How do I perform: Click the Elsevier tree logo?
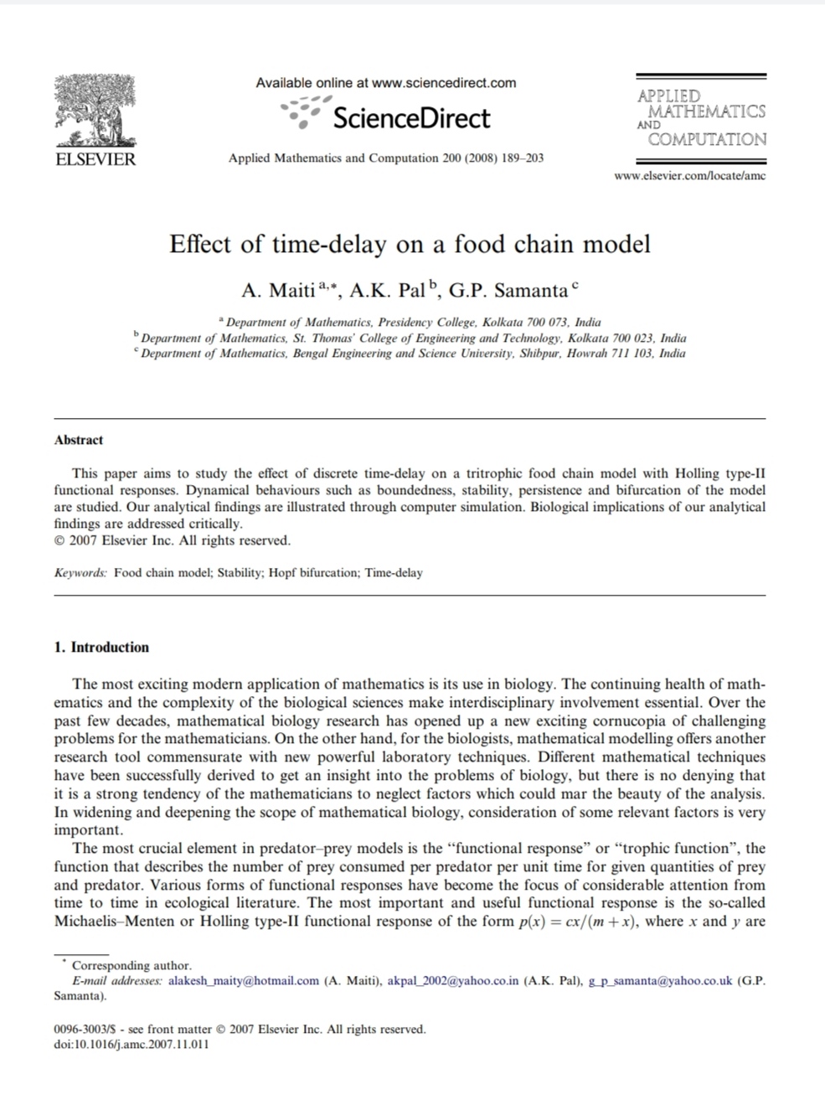click(x=95, y=111)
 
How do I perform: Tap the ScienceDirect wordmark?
click(x=410, y=118)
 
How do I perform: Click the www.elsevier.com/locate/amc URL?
click(x=689, y=176)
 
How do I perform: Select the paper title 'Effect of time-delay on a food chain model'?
click(x=410, y=245)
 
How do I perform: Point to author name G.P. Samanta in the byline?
click(x=508, y=291)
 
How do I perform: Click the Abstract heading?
click(x=79, y=440)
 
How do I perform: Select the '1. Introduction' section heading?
click(x=101, y=648)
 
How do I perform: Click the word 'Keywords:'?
click(x=80, y=573)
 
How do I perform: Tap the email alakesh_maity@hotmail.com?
click(x=244, y=981)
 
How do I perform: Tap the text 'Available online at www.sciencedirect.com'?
click(x=386, y=83)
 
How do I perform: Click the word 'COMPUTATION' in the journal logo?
click(x=707, y=140)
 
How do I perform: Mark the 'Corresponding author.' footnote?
click(x=131, y=965)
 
